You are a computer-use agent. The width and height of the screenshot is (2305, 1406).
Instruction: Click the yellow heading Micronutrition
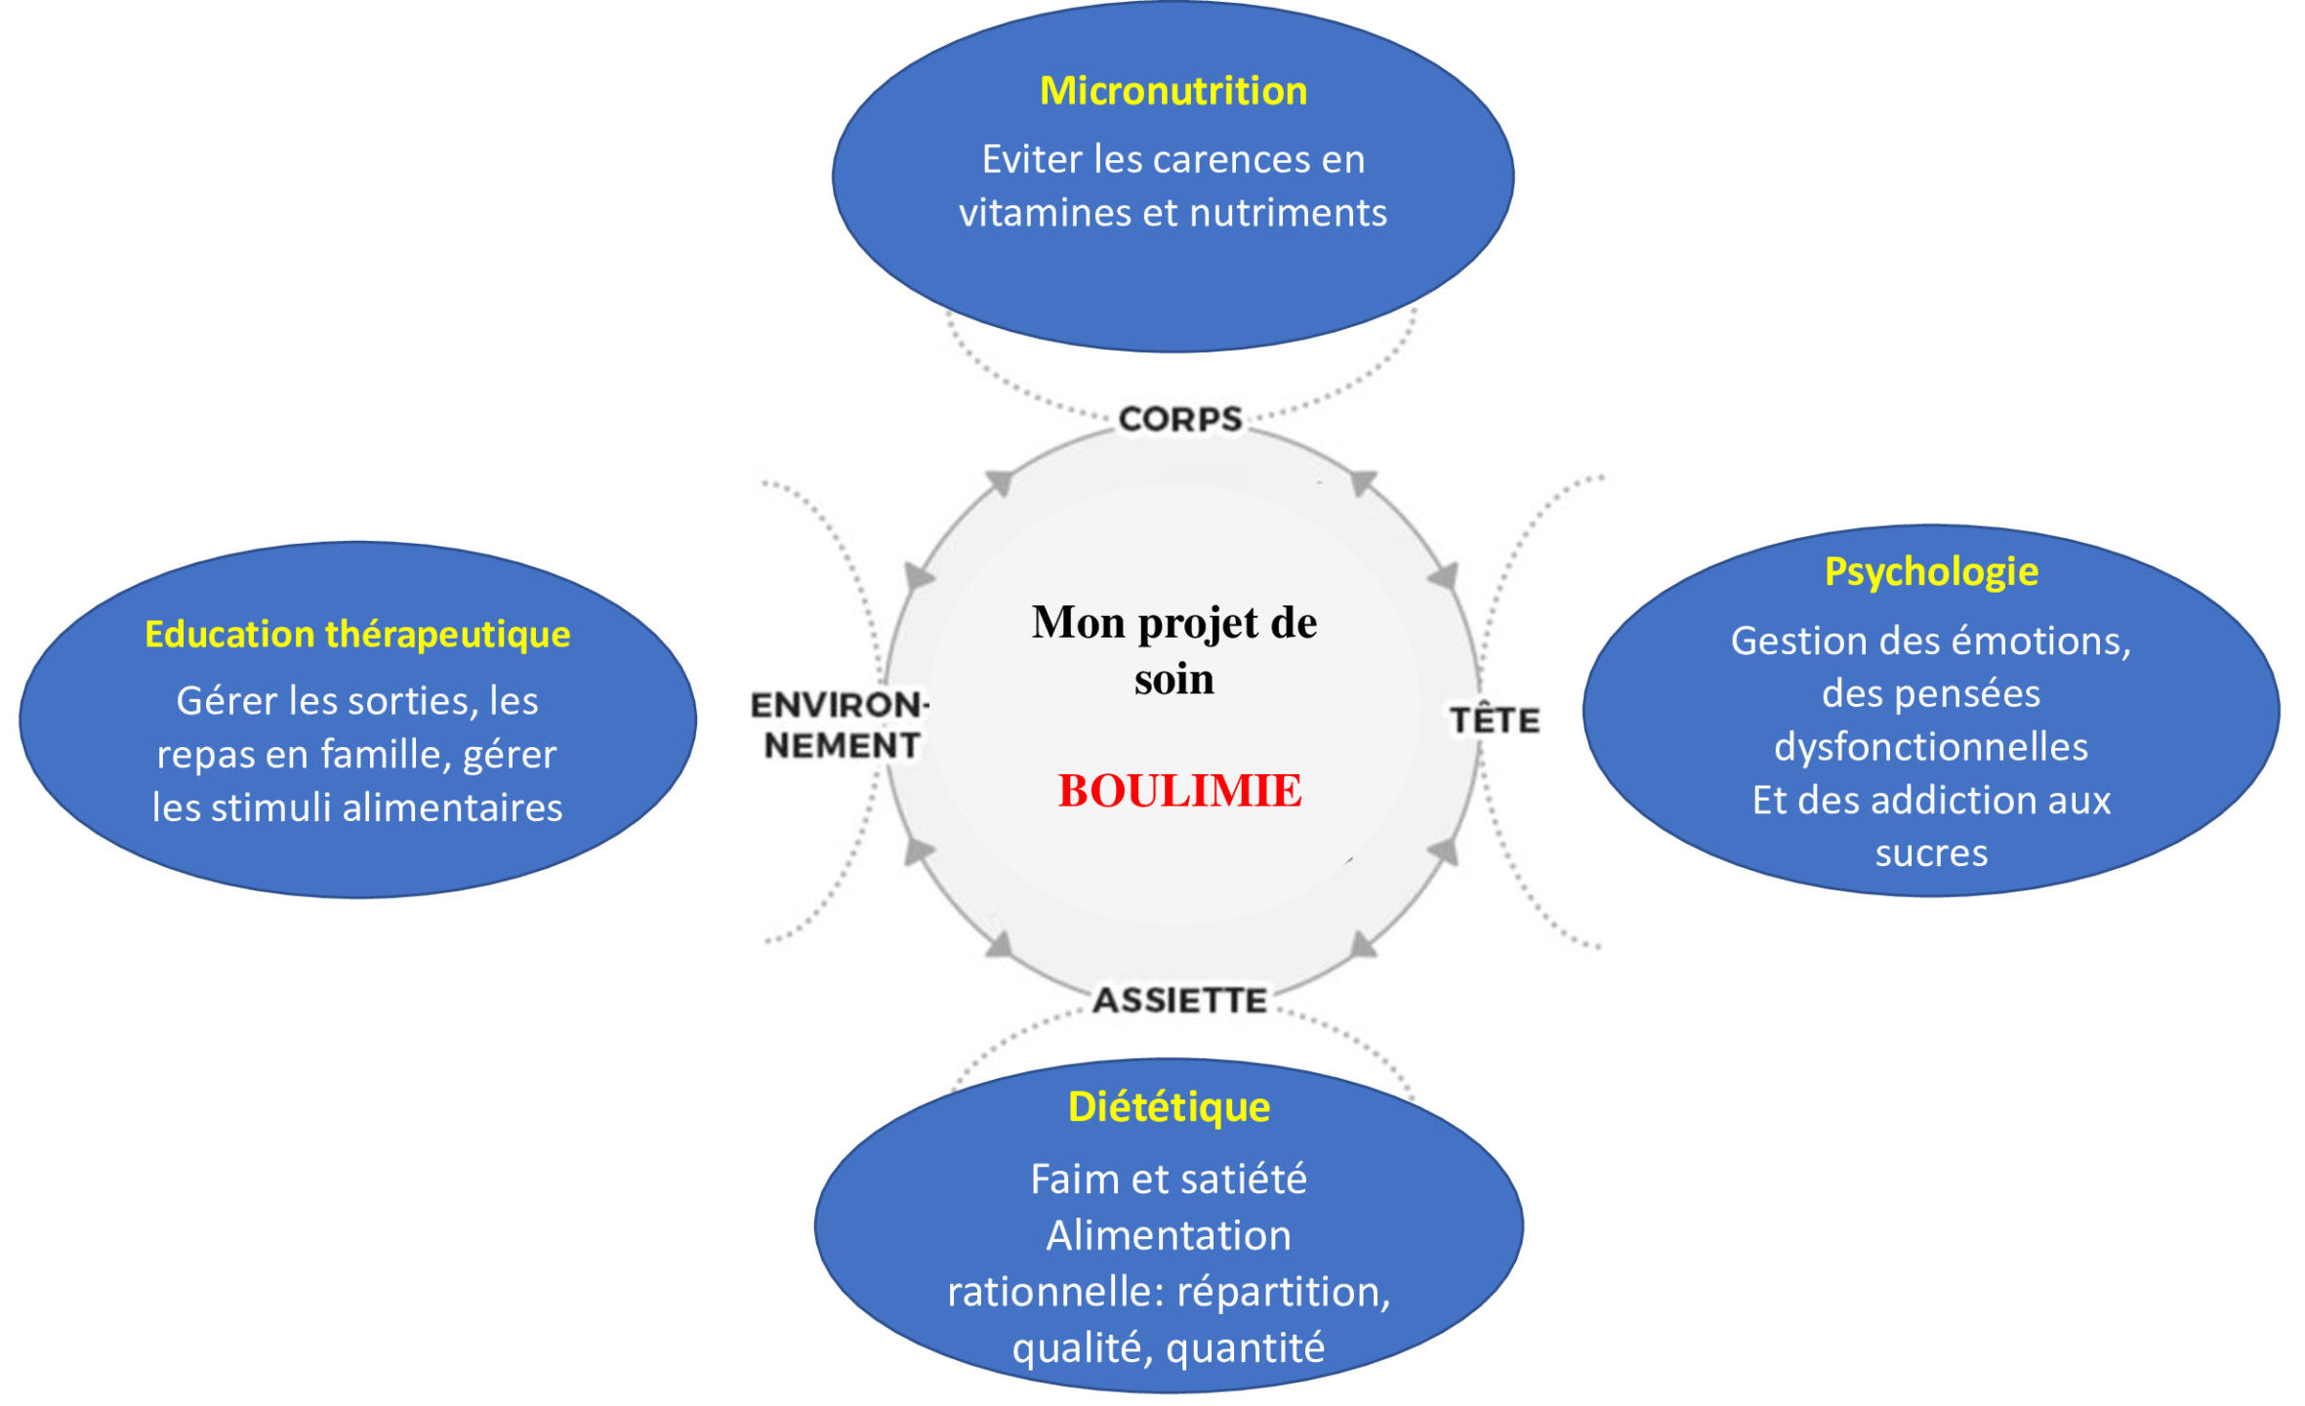tap(1173, 91)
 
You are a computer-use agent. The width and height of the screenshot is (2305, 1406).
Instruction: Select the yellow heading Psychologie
tap(1930, 572)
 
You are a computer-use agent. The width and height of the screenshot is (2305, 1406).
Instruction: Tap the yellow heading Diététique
tap(1169, 1107)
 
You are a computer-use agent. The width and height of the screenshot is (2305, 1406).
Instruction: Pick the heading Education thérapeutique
tap(357, 635)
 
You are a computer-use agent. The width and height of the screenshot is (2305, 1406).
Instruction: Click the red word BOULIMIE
tap(1179, 791)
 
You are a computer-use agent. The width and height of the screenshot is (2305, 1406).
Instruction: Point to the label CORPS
tap(1179, 420)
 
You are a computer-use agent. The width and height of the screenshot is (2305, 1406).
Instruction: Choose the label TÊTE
tap(1495, 721)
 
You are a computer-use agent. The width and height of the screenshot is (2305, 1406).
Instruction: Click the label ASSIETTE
tap(1179, 1001)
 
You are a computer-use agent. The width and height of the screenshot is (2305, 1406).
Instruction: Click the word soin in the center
tap(1173, 679)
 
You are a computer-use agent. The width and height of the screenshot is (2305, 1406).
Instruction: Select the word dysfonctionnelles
tap(1930, 747)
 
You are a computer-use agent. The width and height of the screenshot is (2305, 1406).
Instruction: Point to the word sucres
tap(1930, 853)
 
